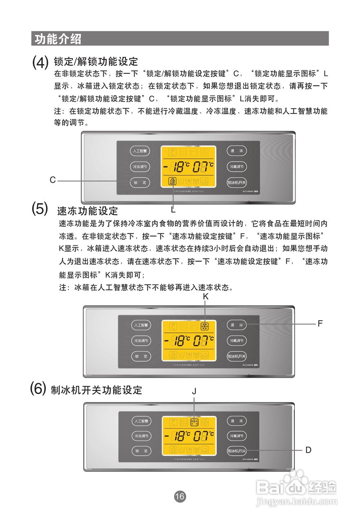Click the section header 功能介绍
58,39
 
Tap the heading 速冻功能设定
87,211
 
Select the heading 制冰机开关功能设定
96,390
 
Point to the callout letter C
53,180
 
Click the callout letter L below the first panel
173,210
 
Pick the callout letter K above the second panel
206,297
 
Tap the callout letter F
320,324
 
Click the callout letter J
194,391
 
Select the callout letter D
309,450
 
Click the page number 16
180,496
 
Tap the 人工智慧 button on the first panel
140,151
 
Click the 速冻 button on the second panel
237,325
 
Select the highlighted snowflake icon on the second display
205,326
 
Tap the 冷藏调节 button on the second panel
237,341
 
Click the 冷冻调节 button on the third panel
141,436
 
